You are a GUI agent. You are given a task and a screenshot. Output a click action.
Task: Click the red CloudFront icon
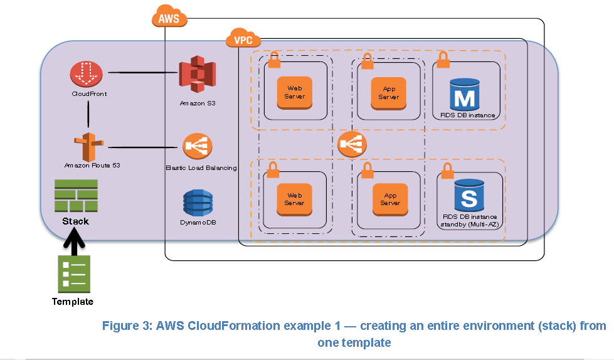point(88,75)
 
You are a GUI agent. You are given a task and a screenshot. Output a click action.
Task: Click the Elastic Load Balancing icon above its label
point(197,147)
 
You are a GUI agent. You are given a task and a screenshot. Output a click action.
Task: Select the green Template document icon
point(74,275)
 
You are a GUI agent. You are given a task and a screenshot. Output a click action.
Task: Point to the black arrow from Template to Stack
point(74,242)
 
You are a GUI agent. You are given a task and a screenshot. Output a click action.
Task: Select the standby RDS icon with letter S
point(469,195)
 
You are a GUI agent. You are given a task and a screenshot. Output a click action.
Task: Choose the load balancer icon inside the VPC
point(352,145)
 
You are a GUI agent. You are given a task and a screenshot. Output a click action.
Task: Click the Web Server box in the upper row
point(295,92)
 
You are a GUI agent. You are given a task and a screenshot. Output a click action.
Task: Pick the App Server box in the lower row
point(389,199)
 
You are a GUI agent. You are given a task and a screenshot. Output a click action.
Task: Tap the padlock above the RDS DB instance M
point(443,60)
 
